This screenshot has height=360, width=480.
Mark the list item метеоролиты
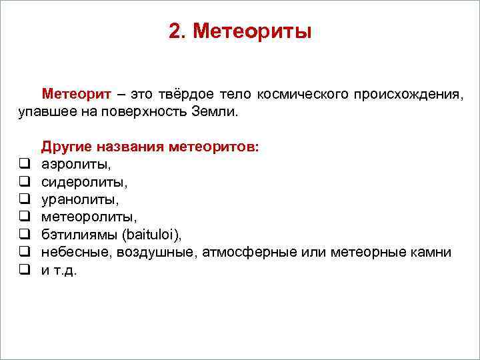pos(89,217)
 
